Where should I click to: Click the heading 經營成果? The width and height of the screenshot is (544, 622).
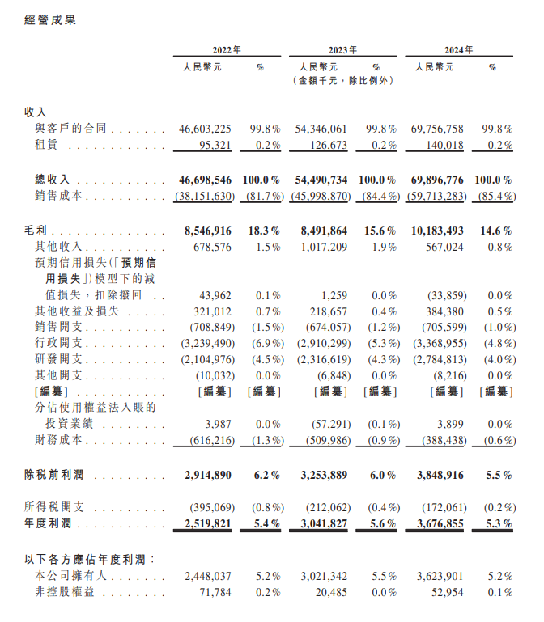tap(51, 19)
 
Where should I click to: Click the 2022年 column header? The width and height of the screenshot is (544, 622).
tap(226, 49)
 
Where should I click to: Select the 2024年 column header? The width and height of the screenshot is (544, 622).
tap(459, 49)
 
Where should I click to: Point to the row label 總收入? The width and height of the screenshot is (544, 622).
tap(53, 179)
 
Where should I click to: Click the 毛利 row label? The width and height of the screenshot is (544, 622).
tap(36, 231)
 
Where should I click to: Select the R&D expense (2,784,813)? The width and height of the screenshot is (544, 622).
tap(441, 359)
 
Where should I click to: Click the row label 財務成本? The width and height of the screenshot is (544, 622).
tap(57, 441)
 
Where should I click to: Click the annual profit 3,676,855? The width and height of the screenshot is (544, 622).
tap(442, 523)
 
